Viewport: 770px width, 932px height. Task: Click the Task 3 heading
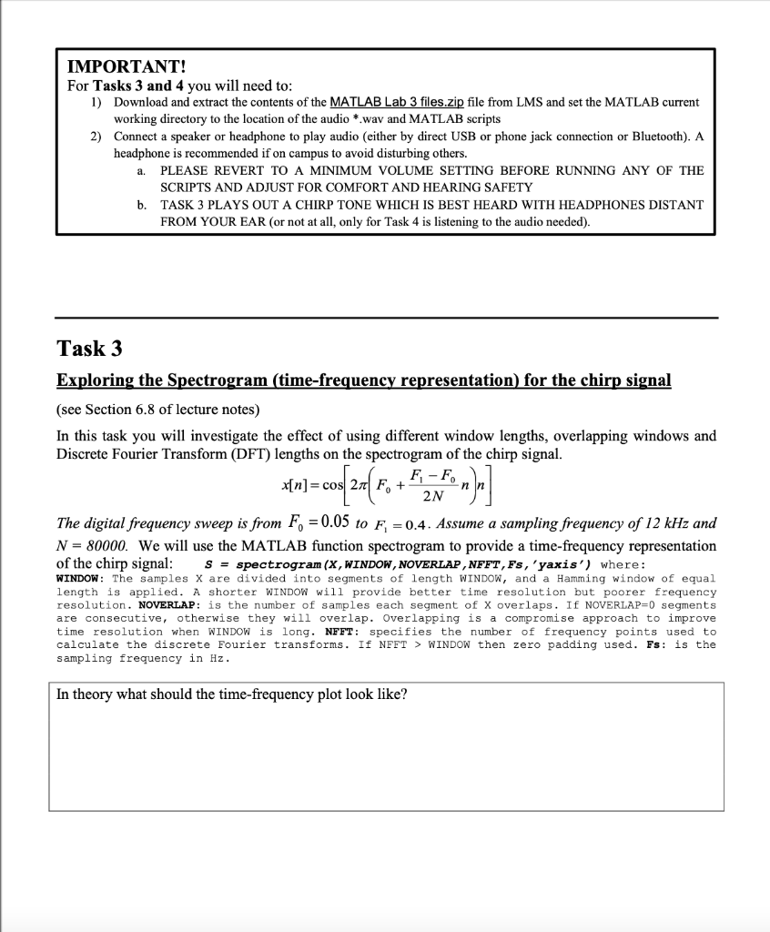[89, 349]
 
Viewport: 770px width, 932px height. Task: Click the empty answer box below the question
[386, 755]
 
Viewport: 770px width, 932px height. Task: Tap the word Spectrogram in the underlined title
[219, 380]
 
